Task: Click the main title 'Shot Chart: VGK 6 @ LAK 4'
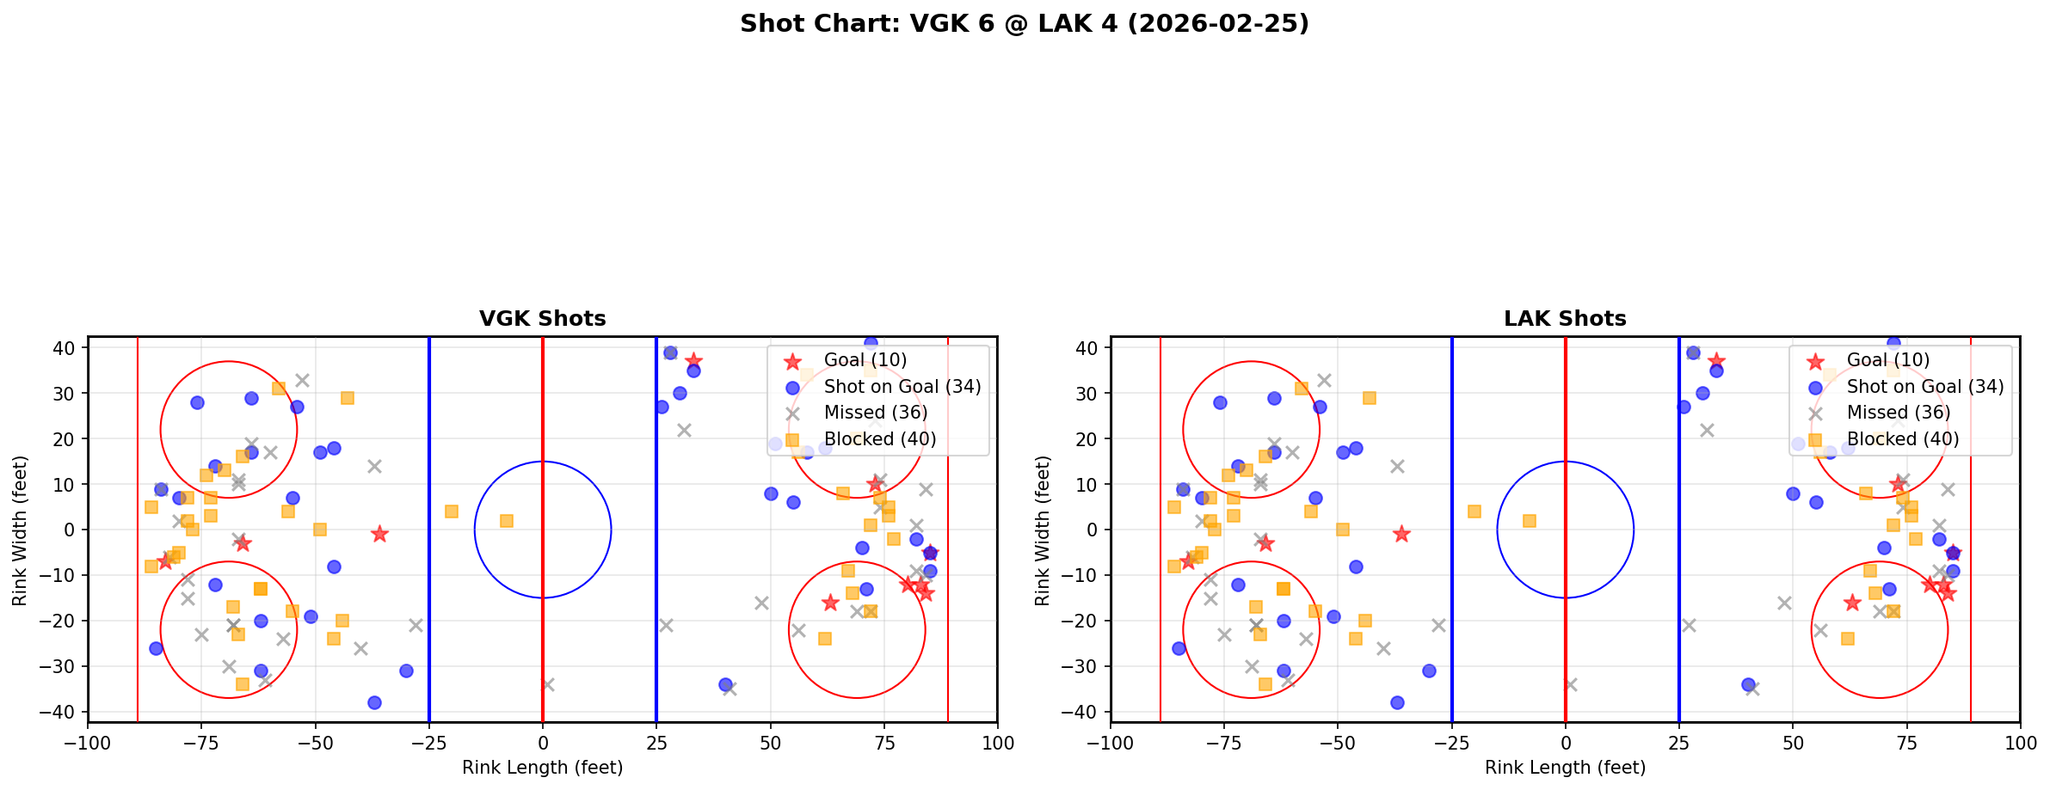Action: (1024, 24)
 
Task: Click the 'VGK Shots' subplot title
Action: (542, 319)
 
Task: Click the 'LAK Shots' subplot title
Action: (1565, 319)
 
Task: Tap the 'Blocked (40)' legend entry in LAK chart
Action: (1902, 439)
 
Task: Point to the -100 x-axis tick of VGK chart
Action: (88, 743)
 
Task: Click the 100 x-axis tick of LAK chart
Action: (2019, 743)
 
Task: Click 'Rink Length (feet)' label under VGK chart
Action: (542, 768)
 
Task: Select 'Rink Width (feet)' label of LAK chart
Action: (1043, 530)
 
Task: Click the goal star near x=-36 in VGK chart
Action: (379, 535)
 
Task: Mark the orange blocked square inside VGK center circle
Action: (507, 521)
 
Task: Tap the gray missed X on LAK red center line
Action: (1571, 684)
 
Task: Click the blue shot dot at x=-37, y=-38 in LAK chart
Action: (1397, 702)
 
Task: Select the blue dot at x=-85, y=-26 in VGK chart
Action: (156, 648)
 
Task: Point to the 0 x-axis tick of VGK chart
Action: (542, 743)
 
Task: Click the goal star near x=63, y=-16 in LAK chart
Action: (1852, 603)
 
